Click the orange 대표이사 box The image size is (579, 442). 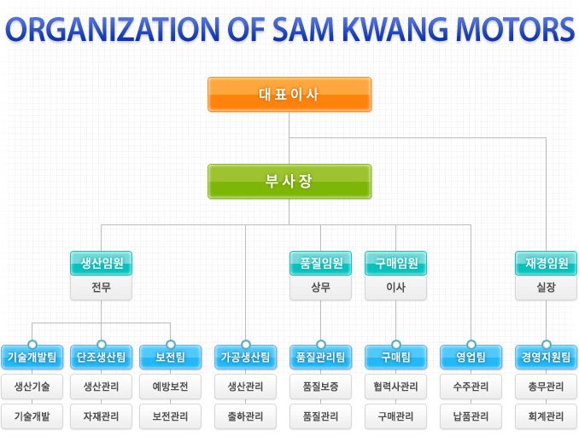[x=289, y=94]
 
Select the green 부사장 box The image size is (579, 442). [x=289, y=181]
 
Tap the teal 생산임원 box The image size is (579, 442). [x=101, y=263]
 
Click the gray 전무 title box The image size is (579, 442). [x=101, y=288]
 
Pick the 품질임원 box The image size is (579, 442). [x=320, y=263]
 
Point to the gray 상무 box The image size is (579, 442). [x=320, y=288]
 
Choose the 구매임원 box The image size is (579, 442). [x=396, y=263]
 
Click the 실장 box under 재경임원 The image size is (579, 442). [x=547, y=288]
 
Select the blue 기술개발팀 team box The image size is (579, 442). [x=32, y=358]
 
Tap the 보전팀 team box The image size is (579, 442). [x=170, y=358]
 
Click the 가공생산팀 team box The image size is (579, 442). [x=246, y=358]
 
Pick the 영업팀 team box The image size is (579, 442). [x=471, y=358]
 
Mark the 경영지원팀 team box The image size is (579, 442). [x=547, y=358]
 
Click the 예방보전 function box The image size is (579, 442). [x=170, y=387]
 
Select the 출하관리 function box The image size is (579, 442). [x=246, y=416]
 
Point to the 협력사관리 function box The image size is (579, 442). [x=396, y=387]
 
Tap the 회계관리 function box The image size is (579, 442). [x=547, y=416]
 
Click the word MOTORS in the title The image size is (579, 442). [x=515, y=29]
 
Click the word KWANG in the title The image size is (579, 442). [x=395, y=29]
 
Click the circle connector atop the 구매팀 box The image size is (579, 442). [x=396, y=345]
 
